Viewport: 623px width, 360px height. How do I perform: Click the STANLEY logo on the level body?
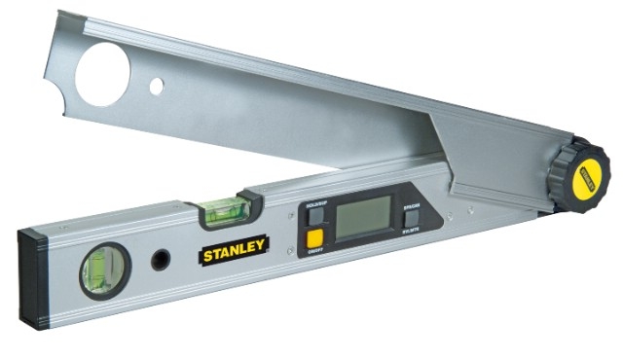tap(235, 252)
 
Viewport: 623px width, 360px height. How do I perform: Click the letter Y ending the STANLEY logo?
tap(263, 246)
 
